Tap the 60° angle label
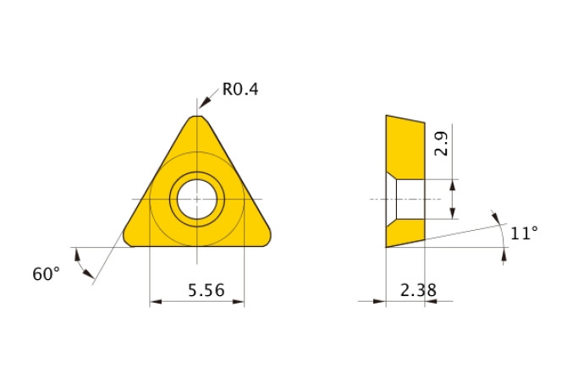(47, 273)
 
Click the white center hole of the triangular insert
(196, 200)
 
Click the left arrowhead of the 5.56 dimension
(154, 301)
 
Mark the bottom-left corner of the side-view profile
(387, 247)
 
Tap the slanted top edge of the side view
(406, 118)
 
